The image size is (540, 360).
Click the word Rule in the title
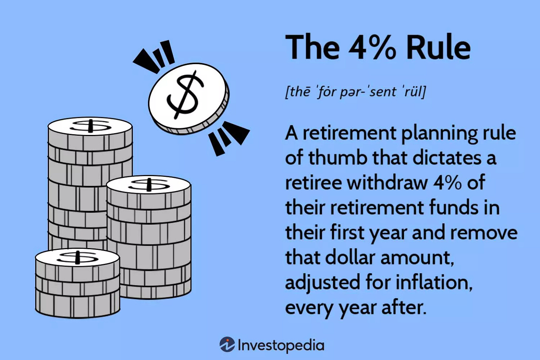point(438,47)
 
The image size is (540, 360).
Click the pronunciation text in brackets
point(355,91)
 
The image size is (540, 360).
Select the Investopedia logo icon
point(227,344)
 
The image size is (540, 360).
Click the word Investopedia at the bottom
point(281,345)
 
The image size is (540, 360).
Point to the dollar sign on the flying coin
point(185,95)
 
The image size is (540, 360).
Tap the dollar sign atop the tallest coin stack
point(90,126)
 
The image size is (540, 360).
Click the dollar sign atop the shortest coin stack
point(78,257)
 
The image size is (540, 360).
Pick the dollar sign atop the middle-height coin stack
point(149,184)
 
